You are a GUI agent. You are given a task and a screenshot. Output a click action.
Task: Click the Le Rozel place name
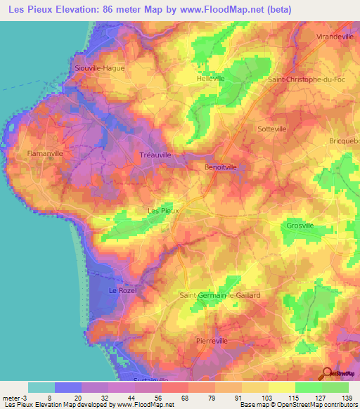[x=122, y=290]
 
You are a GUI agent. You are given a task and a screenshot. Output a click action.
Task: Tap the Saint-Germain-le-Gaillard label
[x=220, y=295]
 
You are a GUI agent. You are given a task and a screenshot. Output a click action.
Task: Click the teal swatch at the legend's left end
[x=41, y=387]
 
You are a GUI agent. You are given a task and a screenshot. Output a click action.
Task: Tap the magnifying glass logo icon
[x=327, y=372]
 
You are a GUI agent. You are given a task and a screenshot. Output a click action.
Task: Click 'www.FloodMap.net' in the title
[x=222, y=9]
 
